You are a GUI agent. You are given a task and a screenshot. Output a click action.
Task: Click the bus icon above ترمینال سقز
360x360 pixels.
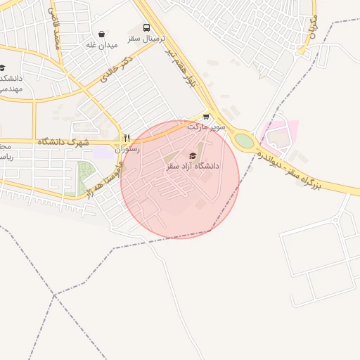pyautogui.click(x=146, y=28)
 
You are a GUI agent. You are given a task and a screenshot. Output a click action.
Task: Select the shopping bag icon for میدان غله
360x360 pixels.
pyautogui.click(x=102, y=34)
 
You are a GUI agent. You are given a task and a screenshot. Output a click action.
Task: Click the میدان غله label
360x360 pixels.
pyautogui.click(x=101, y=44)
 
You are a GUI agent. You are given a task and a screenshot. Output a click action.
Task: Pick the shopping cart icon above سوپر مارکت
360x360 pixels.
pyautogui.click(x=206, y=117)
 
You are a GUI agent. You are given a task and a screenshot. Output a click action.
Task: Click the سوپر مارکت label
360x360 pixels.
pyautogui.click(x=206, y=127)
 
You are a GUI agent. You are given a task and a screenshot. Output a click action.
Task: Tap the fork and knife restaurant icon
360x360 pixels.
pyautogui.click(x=127, y=139)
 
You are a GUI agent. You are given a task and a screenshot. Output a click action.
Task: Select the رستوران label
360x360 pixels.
pyautogui.click(x=127, y=149)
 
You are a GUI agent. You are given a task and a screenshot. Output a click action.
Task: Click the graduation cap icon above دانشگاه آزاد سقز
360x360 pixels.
pyautogui.click(x=193, y=155)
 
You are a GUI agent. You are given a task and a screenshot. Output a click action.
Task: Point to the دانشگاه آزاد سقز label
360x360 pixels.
pyautogui.click(x=193, y=166)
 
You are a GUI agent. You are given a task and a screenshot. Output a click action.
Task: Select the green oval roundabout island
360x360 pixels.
pyautogui.click(x=244, y=141)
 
